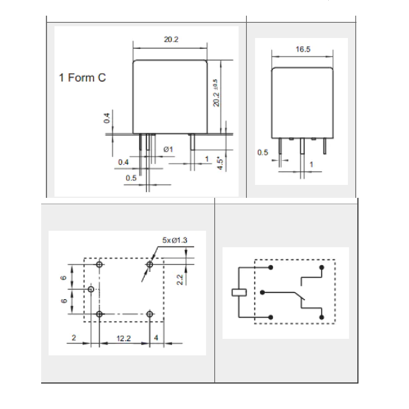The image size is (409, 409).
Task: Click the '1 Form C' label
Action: [x=82, y=78]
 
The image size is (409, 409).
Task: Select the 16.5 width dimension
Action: [x=303, y=49]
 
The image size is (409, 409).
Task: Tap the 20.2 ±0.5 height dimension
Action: [x=216, y=93]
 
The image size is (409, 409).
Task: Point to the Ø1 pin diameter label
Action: [x=168, y=150]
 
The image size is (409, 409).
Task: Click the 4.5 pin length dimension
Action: [x=220, y=163]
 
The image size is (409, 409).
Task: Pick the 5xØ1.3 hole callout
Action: [x=175, y=240]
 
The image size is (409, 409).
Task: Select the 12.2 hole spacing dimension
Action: [x=123, y=338]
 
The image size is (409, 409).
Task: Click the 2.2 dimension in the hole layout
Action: [x=180, y=280]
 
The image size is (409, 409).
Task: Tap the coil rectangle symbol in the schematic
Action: [x=239, y=292]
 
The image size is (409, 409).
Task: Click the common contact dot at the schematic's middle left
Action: [x=262, y=292]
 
